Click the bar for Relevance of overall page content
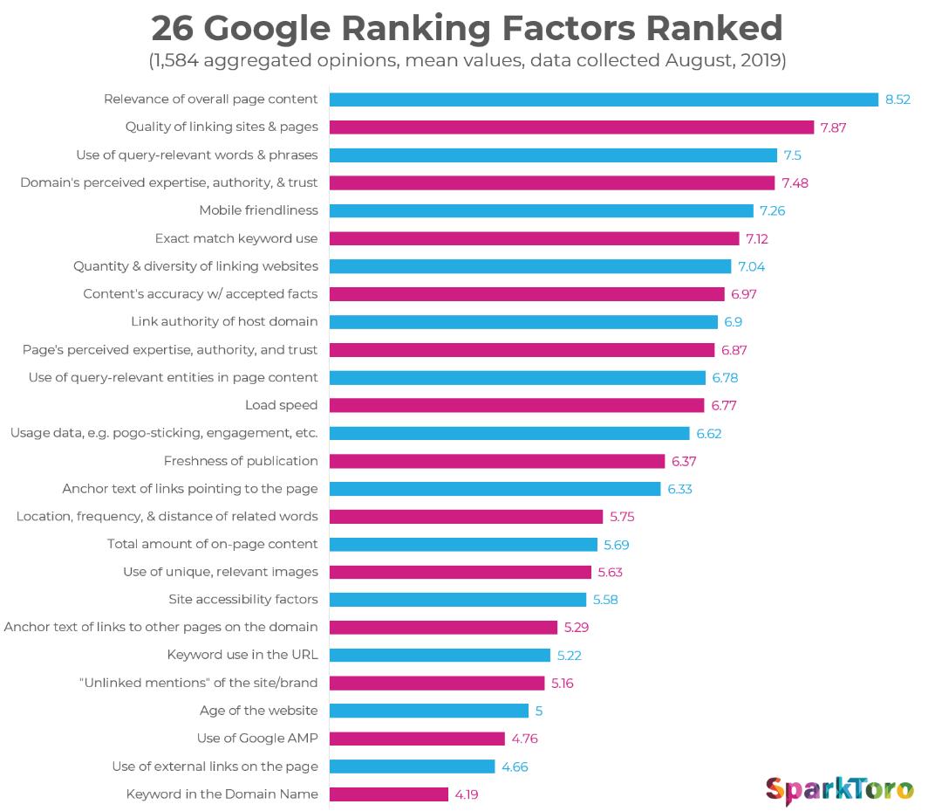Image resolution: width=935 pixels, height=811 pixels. (x=604, y=100)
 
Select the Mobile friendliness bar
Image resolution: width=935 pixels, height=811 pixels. (x=541, y=210)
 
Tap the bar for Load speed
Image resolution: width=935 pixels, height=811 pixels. (x=516, y=405)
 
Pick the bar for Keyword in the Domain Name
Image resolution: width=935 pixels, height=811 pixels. (x=389, y=794)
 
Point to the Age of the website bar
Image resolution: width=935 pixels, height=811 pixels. (x=428, y=711)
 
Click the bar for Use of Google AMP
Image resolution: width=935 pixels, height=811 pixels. (x=417, y=739)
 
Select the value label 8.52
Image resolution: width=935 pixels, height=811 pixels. (x=897, y=100)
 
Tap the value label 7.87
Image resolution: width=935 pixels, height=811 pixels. (x=833, y=127)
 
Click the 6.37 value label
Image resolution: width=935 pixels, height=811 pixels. (x=683, y=461)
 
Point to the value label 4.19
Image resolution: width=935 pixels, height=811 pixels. (x=465, y=794)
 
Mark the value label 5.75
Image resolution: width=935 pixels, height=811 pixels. (x=622, y=517)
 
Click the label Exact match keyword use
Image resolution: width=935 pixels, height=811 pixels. (x=236, y=238)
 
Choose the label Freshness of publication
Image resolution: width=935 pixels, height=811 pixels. (x=241, y=461)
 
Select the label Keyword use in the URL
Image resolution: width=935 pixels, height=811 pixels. (x=242, y=655)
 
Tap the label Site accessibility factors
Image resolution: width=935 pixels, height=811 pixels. (x=243, y=600)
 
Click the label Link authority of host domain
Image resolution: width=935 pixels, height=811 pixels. (x=224, y=321)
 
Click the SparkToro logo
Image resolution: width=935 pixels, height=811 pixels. (x=839, y=789)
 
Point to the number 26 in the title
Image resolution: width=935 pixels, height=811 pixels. (x=172, y=29)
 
